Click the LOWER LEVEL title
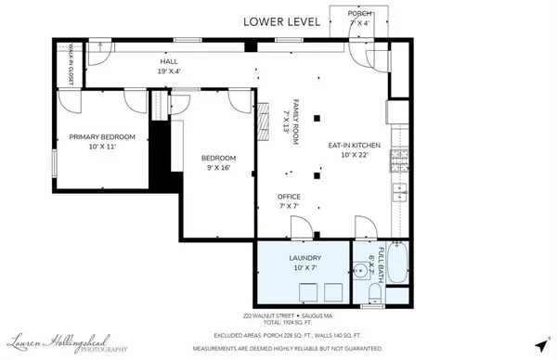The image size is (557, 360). (x=283, y=20)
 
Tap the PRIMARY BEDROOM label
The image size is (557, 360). (x=102, y=137)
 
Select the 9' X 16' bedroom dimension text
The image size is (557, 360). (x=219, y=168)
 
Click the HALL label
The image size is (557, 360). (x=169, y=61)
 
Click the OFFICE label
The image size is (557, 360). (x=289, y=197)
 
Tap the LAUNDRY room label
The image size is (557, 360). (x=304, y=257)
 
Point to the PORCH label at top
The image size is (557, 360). (x=359, y=14)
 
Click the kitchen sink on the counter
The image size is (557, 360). (x=399, y=192)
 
